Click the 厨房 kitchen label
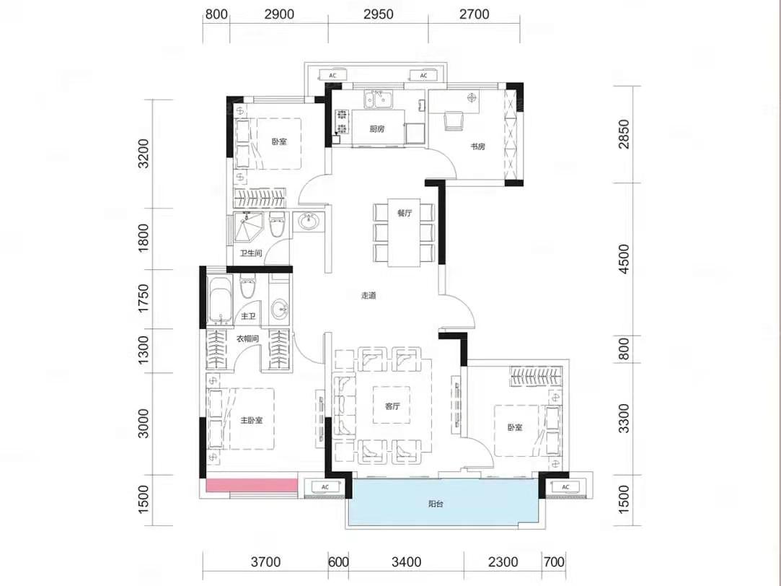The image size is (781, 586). pyautogui.click(x=377, y=129)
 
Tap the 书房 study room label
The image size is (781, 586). pyautogui.click(x=477, y=146)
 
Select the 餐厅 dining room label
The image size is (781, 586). pyautogui.click(x=405, y=214)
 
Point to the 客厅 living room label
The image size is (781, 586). pyautogui.click(x=392, y=406)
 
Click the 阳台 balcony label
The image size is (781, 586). pyautogui.click(x=436, y=504)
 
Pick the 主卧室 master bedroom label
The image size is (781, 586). pyautogui.click(x=252, y=421)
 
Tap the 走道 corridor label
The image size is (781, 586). pyautogui.click(x=369, y=295)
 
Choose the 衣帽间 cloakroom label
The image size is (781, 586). pyautogui.click(x=247, y=339)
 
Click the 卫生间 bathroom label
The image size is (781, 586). pyautogui.click(x=251, y=253)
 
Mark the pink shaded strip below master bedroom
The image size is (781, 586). pyautogui.click(x=252, y=486)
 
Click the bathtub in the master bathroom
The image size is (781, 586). pyautogui.click(x=220, y=299)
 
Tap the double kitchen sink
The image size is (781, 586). pyautogui.click(x=378, y=99)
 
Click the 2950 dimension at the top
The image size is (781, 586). pyautogui.click(x=378, y=14)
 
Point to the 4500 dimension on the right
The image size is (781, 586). pyautogui.click(x=623, y=258)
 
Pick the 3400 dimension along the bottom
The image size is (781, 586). pyautogui.click(x=407, y=562)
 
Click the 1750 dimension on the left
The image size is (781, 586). pyautogui.click(x=144, y=299)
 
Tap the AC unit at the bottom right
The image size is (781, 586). pyautogui.click(x=565, y=487)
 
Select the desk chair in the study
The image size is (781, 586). pyautogui.click(x=454, y=121)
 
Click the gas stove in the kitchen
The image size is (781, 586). pyautogui.click(x=342, y=122)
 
